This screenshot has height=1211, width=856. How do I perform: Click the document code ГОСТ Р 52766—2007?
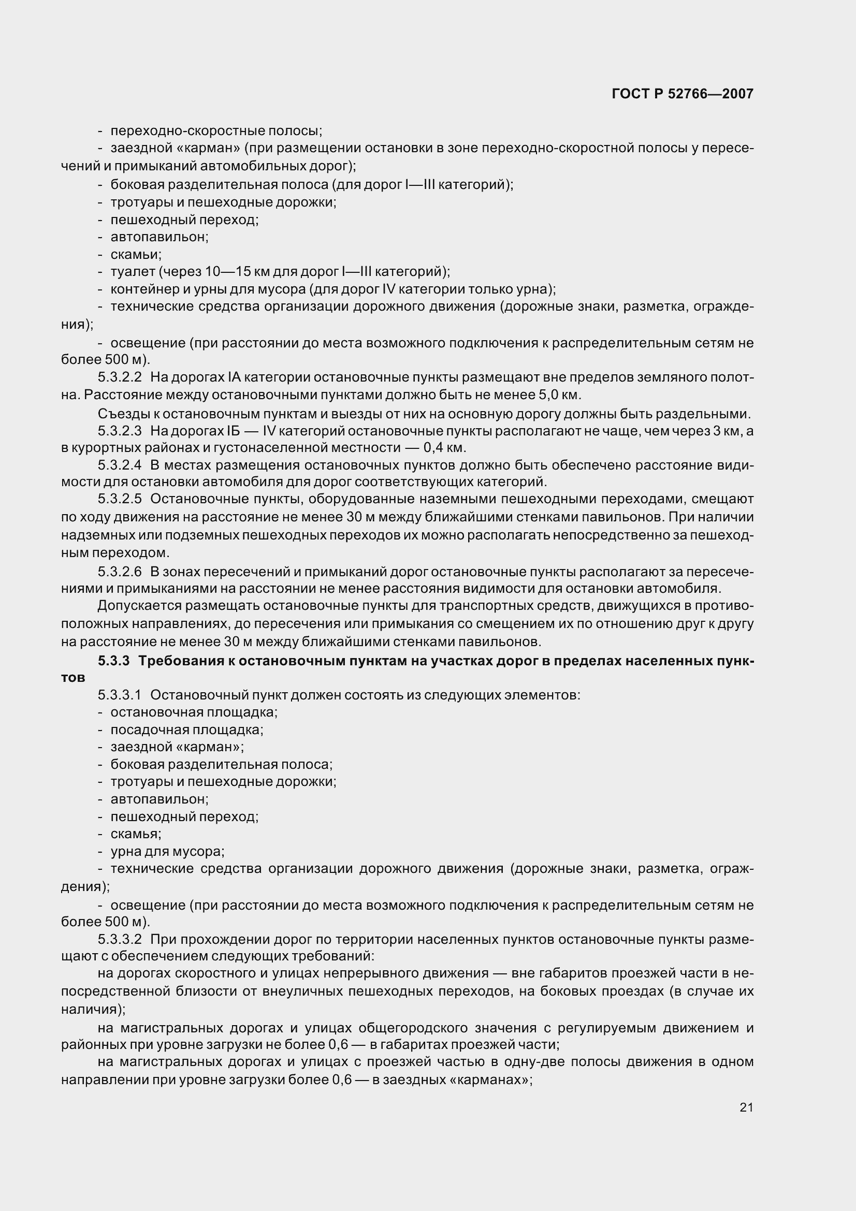pos(682,94)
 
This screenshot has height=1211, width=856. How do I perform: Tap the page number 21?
pos(746,1107)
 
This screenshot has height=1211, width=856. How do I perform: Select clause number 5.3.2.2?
pos(120,377)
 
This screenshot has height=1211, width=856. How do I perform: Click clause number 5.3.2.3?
pos(120,431)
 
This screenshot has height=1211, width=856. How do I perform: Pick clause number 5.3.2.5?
pos(120,499)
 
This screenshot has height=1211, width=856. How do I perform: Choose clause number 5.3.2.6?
pos(120,572)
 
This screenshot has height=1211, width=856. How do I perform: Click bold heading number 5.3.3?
pos(113,661)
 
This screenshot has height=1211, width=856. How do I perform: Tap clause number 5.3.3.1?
pos(120,695)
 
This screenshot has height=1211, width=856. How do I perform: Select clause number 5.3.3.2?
pos(120,939)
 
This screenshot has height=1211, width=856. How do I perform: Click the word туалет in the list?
pos(133,272)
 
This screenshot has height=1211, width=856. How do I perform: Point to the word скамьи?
pos(136,255)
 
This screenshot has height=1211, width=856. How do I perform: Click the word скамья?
pos(136,834)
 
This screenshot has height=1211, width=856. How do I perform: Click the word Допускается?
pos(140,606)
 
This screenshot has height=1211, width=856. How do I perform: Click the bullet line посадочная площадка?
pos(187,730)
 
